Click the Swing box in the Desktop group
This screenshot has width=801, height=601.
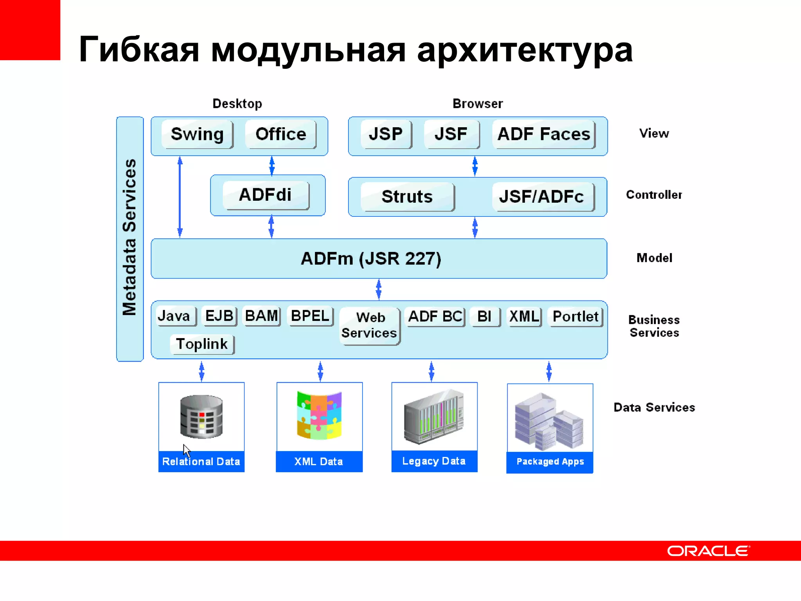pos(197,134)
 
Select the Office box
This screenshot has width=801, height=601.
pos(280,134)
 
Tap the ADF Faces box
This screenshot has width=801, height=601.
pos(544,134)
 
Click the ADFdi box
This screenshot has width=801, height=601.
pos(266,195)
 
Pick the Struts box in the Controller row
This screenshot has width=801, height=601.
pos(407,196)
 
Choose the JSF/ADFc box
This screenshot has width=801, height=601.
pos(542,196)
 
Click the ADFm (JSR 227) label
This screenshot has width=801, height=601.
pos(371,259)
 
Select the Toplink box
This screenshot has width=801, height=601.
pos(202,344)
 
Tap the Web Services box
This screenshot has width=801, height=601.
pos(370,325)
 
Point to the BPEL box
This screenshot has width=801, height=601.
pos(310,316)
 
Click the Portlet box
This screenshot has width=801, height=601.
pos(575,316)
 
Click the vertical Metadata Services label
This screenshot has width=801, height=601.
pos(129,238)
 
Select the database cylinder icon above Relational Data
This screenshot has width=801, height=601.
pos(201,416)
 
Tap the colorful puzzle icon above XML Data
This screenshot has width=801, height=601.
pos(319,415)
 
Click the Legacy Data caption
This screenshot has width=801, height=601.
pos(434,461)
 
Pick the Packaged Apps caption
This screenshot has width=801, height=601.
pos(550,462)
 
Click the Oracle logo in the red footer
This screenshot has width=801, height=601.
pos(708,551)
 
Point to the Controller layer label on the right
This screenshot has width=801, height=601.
pos(654,195)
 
